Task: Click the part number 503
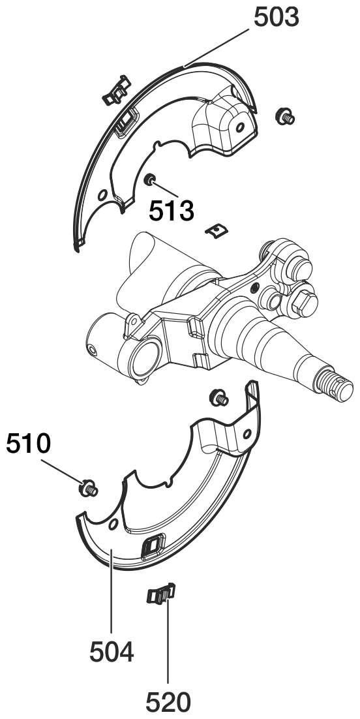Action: pos(276,18)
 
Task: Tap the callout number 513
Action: pos(172,211)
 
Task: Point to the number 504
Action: pos(112,652)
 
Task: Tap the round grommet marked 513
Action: pos(149,179)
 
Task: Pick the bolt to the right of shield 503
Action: pos(285,117)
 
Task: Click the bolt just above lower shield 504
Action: pos(218,397)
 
